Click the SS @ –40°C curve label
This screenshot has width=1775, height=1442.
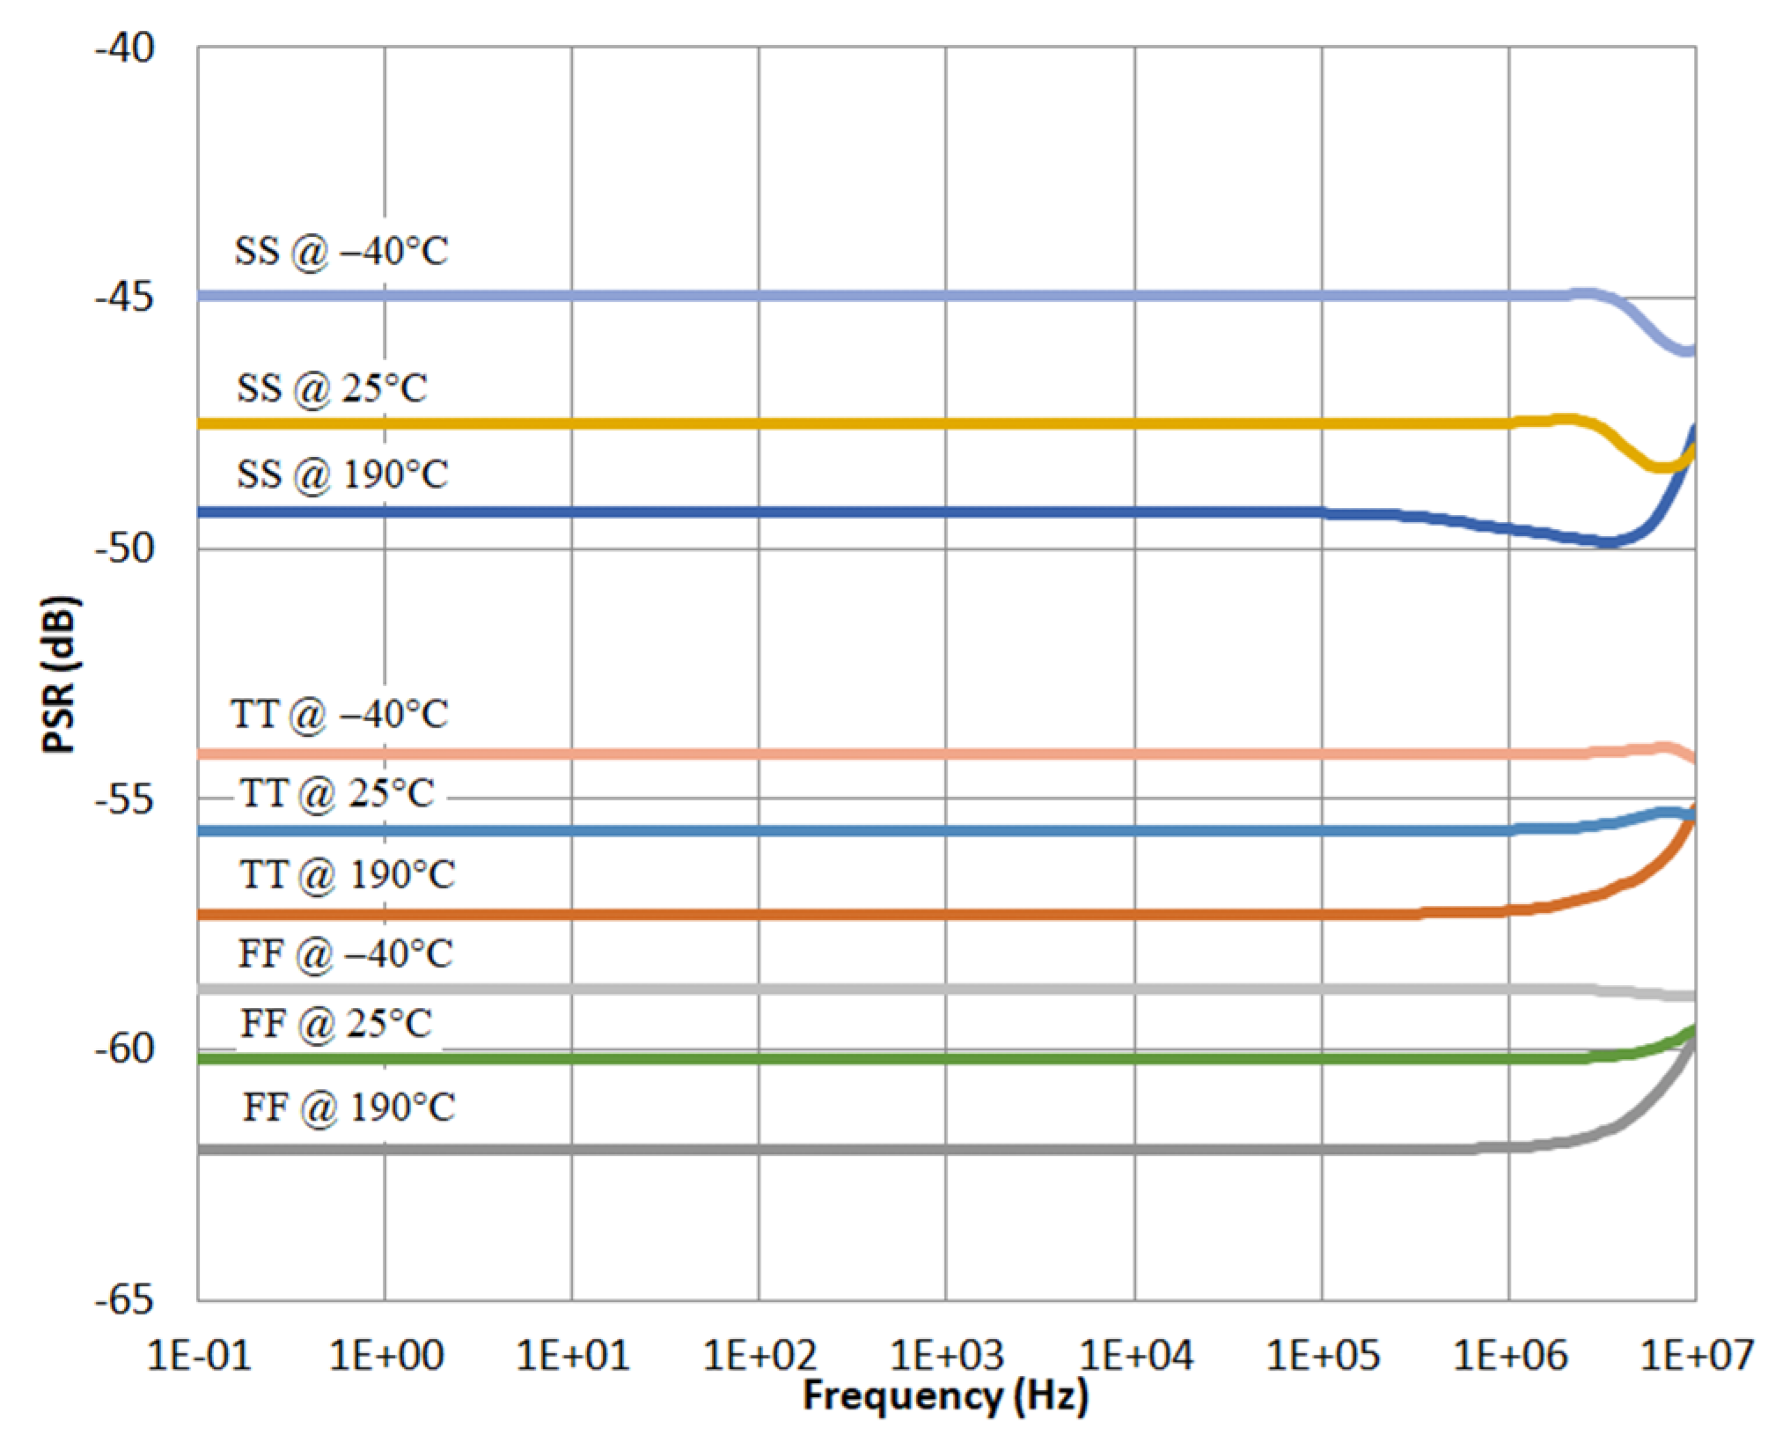click(x=341, y=252)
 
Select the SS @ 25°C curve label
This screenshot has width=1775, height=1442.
click(x=332, y=388)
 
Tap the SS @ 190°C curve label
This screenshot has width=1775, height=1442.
click(x=341, y=475)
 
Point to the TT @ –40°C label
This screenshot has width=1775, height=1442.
click(x=339, y=714)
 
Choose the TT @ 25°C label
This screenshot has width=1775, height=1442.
click(x=337, y=794)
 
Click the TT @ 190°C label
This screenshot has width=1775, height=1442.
click(x=347, y=875)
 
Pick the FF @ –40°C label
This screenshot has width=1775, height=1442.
click(x=345, y=954)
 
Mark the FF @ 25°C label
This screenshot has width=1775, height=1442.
click(x=336, y=1024)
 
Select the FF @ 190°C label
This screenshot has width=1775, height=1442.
click(x=348, y=1107)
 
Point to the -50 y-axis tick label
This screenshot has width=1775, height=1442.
click(x=125, y=548)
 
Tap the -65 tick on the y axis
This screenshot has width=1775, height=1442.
click(x=125, y=1299)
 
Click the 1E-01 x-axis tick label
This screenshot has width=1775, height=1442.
click(x=199, y=1355)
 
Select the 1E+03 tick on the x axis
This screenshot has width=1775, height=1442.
click(x=947, y=1355)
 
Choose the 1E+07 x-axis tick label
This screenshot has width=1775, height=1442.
click(x=1697, y=1355)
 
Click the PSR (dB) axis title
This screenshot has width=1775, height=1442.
click(x=60, y=674)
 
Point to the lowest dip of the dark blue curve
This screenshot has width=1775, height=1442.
click(x=1607, y=542)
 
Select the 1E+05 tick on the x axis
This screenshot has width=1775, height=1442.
click(x=1322, y=1355)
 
